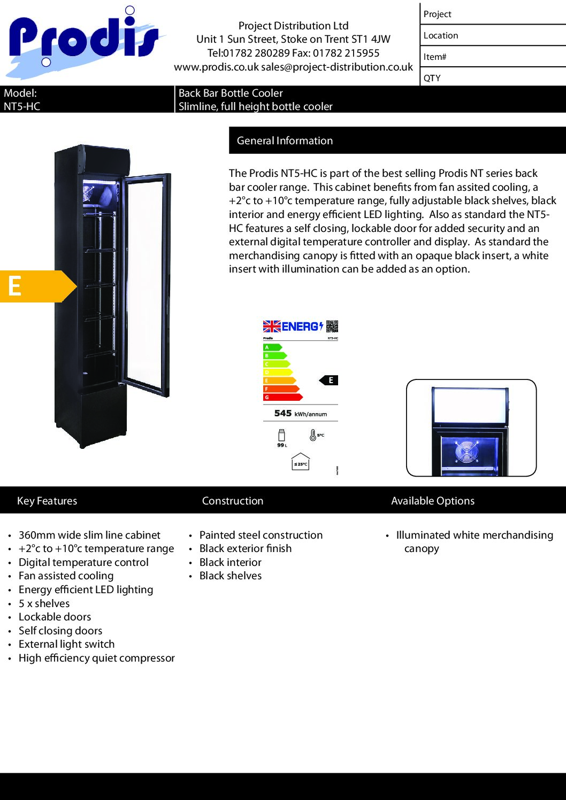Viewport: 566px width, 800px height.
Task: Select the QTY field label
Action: (432, 78)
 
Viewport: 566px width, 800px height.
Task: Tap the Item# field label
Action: (435, 57)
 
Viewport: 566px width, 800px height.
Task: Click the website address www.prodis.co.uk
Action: (216, 67)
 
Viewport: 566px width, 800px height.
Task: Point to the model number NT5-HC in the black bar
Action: (22, 106)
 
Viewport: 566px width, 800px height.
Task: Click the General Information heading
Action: (285, 141)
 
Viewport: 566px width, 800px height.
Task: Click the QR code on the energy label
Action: (332, 326)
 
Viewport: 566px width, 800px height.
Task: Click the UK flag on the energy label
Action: (272, 326)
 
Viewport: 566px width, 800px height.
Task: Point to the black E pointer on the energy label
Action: (329, 380)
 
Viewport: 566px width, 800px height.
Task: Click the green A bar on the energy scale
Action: (272, 347)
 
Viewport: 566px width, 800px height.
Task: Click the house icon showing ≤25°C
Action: (301, 462)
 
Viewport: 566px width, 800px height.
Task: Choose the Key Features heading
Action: (47, 501)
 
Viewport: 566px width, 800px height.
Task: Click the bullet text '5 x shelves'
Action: (44, 603)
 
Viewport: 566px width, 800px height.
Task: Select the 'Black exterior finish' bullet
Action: (246, 548)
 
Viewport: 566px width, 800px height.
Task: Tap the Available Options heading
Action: (433, 501)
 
